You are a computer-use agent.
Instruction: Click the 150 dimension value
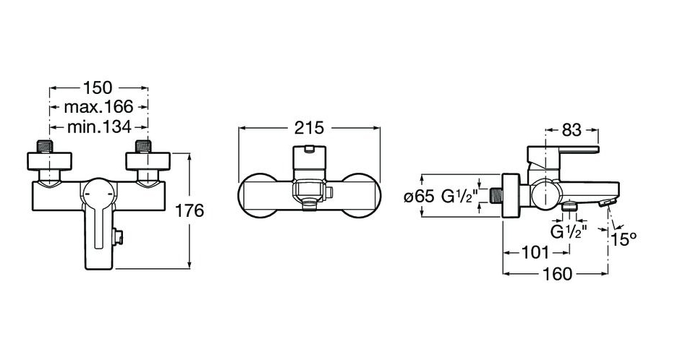[98, 88]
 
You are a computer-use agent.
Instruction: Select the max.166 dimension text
[98, 106]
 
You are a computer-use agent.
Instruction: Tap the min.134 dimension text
[99, 127]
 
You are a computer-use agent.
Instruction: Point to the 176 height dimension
[189, 211]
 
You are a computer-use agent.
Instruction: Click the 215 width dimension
[309, 128]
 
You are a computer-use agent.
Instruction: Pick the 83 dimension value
[571, 129]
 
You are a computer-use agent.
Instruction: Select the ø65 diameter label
[419, 197]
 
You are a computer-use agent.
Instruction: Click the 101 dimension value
[535, 252]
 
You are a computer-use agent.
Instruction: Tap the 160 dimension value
[557, 274]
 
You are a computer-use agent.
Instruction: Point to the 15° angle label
[624, 239]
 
